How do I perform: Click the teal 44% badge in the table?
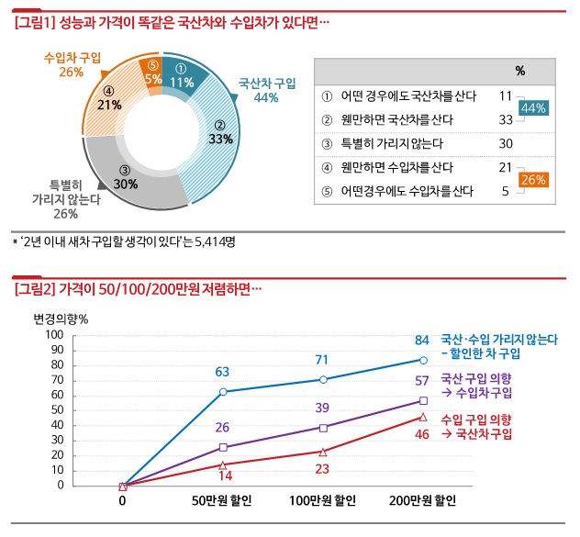(533, 108)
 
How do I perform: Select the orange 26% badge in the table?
(533, 179)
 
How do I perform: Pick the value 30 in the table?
(505, 143)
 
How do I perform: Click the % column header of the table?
(519, 70)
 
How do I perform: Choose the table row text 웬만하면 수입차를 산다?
(397, 167)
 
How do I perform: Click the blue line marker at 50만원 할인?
(222, 392)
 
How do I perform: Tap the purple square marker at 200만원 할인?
(423, 400)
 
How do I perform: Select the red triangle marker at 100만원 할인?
(323, 452)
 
